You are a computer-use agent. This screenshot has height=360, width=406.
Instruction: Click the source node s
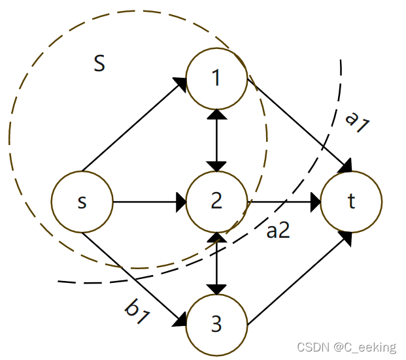click(82, 202)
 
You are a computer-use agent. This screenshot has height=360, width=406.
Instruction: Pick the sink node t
click(351, 202)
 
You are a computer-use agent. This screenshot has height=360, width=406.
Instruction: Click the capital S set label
click(99, 63)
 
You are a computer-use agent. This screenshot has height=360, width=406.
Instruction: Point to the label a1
click(357, 122)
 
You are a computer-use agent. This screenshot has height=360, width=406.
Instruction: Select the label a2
click(278, 231)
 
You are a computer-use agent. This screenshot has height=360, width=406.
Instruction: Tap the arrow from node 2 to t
click(284, 202)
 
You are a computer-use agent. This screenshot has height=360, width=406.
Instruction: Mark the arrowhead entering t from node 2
click(314, 202)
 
